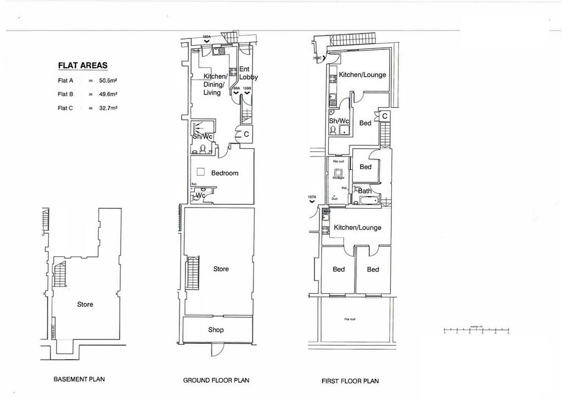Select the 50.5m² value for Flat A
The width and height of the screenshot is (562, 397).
tap(108, 80)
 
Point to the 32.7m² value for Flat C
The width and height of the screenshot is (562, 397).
tap(108, 108)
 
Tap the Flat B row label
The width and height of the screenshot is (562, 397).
tap(65, 94)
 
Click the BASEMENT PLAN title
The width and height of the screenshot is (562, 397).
tap(79, 379)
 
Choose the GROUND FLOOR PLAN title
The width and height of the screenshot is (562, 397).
tap(216, 380)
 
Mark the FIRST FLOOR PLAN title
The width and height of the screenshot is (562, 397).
tap(350, 381)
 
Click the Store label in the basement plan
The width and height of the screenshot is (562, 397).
tap(85, 304)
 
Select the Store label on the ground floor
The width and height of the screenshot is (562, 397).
tap(221, 269)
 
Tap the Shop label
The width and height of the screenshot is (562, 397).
tap(216, 330)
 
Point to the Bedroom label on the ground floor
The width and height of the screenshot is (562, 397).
tap(225, 173)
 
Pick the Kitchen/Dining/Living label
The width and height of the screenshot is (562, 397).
tap(213, 85)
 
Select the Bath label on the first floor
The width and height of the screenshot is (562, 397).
tap(365, 191)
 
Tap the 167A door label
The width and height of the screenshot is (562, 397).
tap(312, 197)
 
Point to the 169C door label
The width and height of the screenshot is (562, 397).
tap(317, 58)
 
